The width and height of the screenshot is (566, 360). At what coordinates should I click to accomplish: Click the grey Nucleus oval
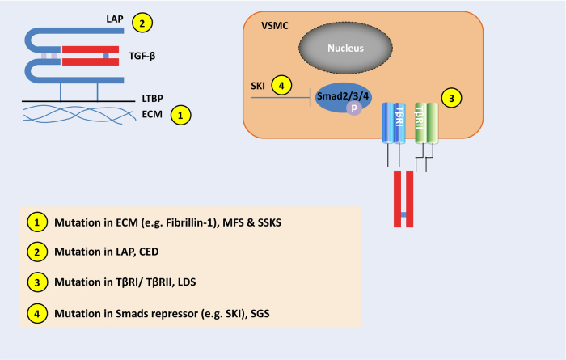[345, 48]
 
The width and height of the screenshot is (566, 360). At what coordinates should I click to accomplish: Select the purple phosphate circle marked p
[354, 108]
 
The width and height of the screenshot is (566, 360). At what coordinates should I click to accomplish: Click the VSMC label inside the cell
[275, 26]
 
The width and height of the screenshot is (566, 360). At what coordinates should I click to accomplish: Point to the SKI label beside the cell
[258, 86]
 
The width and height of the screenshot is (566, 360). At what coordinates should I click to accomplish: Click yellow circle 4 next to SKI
[281, 86]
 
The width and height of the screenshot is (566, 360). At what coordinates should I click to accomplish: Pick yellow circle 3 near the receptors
[451, 98]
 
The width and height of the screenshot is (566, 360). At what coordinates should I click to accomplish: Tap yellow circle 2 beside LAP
[142, 23]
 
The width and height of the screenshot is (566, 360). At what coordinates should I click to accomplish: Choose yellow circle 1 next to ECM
[181, 115]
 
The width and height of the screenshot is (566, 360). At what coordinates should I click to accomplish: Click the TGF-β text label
[142, 57]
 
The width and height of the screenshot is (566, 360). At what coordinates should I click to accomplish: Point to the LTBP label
[152, 98]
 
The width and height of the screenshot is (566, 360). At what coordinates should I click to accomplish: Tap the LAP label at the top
[115, 19]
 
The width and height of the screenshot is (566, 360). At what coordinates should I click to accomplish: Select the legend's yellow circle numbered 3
[37, 282]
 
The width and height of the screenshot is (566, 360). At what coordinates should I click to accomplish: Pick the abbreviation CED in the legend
[149, 252]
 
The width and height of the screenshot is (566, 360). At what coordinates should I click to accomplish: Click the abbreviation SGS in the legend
[260, 313]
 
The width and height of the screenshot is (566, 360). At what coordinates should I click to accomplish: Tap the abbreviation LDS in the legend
[187, 282]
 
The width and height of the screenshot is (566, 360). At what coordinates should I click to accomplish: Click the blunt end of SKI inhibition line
[310, 98]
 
